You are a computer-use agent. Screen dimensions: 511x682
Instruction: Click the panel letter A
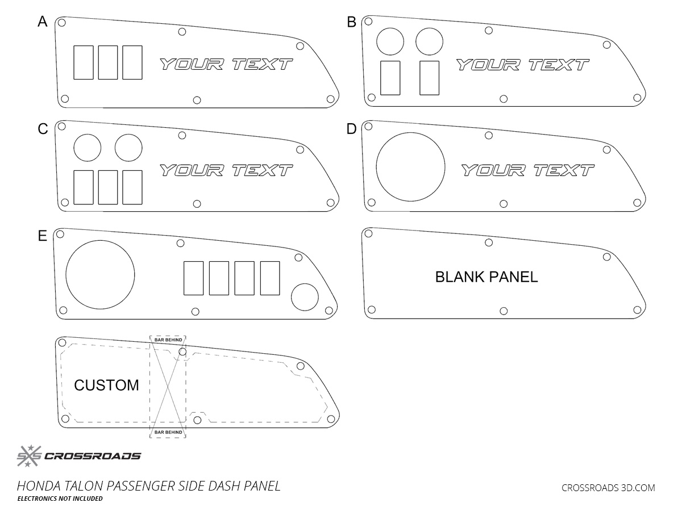[42, 22]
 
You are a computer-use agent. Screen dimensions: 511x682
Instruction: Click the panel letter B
[351, 22]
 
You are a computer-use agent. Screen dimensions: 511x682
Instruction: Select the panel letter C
[42, 129]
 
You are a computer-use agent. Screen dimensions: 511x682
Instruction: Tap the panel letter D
[351, 129]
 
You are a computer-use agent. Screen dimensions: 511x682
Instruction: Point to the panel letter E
[42, 236]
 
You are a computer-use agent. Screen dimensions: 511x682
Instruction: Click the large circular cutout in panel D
[410, 167]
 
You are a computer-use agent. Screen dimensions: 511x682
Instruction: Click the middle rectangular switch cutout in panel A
[108, 62]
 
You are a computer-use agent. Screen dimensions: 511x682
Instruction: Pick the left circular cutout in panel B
[390, 41]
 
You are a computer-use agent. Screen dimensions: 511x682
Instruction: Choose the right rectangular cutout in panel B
[430, 78]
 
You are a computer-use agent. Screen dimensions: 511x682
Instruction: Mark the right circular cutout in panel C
[128, 148]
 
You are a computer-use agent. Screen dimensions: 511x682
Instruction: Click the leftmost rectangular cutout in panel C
[84, 187]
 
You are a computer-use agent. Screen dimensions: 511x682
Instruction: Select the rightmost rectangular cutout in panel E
[270, 278]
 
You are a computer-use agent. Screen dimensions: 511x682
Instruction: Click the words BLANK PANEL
[486, 277]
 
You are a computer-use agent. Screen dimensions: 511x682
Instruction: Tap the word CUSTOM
[106, 386]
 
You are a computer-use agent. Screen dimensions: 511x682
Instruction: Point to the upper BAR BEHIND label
[167, 340]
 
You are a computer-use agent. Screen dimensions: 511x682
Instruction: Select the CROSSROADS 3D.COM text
[608, 488]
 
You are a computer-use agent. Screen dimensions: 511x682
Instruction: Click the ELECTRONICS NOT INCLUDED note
[60, 499]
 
